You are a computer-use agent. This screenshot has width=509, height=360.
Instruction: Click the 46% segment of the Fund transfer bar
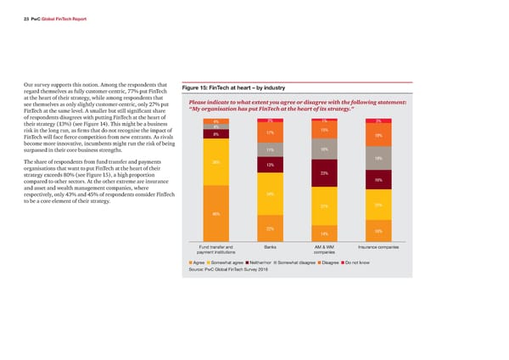[x=216, y=213]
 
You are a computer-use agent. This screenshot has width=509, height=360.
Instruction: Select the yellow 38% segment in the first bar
[x=216, y=162]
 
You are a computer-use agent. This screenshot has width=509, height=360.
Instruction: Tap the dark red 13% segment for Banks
[x=270, y=164]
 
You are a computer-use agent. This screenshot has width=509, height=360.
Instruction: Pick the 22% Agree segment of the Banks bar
[x=270, y=230]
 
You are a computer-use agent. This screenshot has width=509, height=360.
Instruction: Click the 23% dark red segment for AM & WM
[x=324, y=173]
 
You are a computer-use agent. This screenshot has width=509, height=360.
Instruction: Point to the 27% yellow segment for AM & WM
[x=324, y=206]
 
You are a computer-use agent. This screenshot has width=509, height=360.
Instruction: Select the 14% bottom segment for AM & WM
[x=324, y=233]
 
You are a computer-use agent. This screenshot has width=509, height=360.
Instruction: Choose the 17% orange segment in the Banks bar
[x=270, y=133]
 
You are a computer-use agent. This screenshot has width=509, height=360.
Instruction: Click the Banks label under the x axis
[x=270, y=246]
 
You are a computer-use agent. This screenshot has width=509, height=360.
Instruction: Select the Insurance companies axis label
[x=378, y=246]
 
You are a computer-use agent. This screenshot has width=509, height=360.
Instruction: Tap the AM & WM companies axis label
[x=324, y=249]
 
